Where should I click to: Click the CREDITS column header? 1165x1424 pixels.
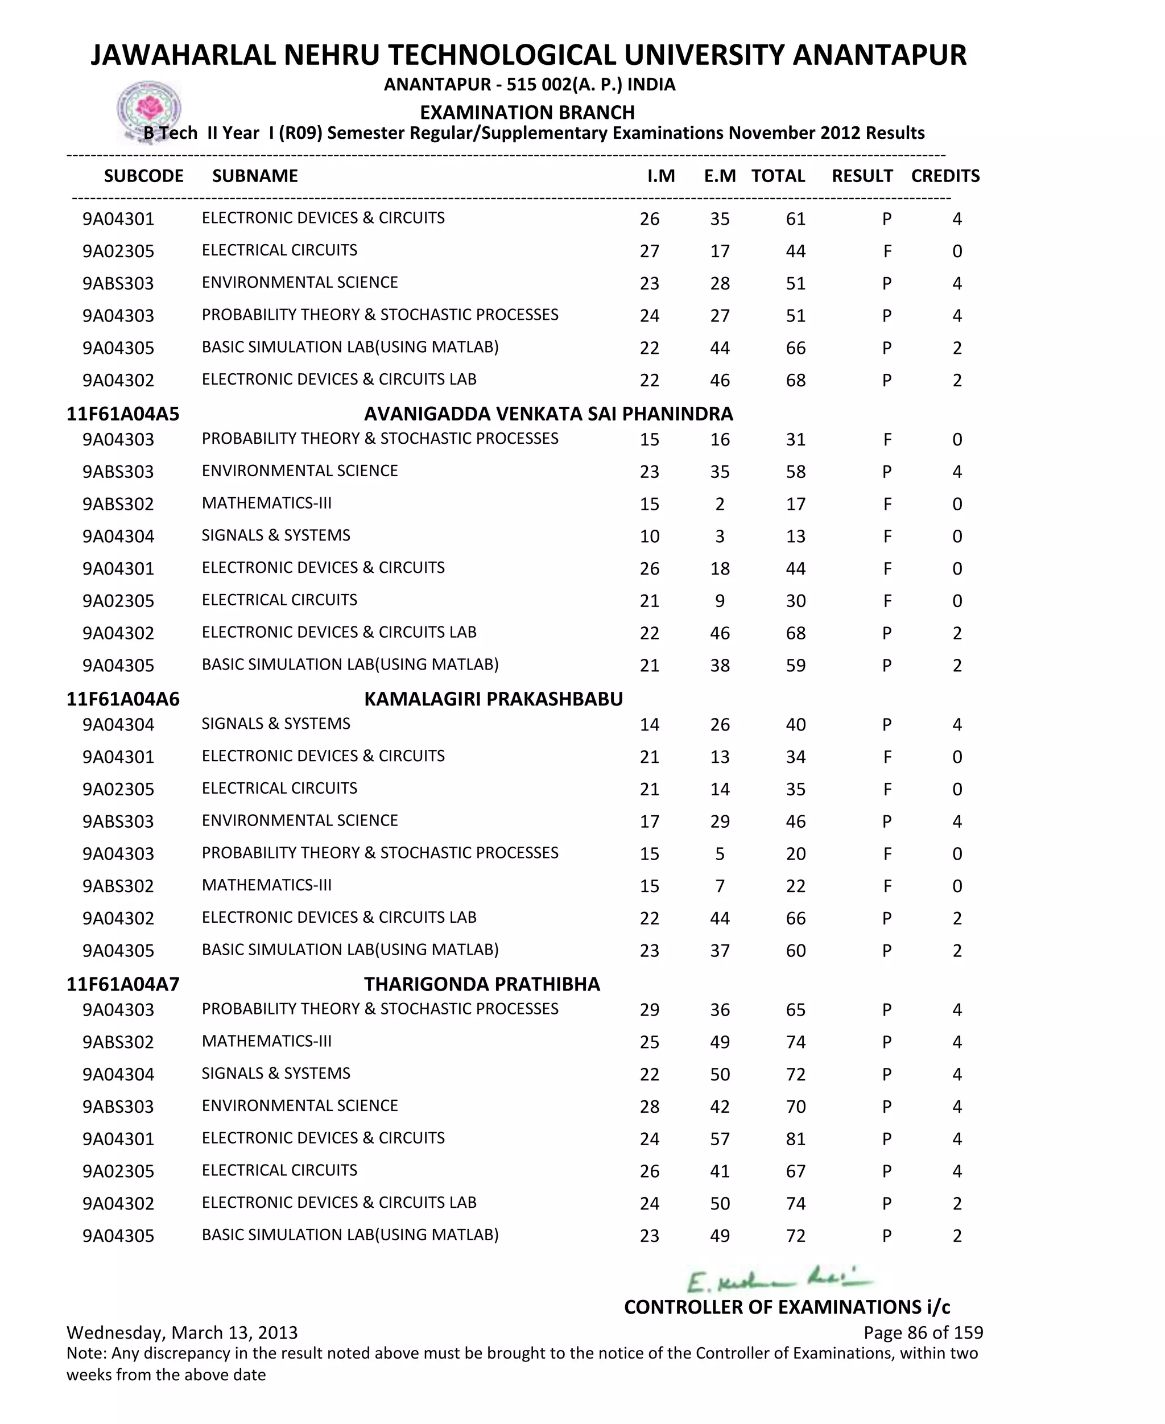[945, 176]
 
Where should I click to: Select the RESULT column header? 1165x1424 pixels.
[862, 176]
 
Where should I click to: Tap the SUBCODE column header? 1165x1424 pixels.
[143, 176]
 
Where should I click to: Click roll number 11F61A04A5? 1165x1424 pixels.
[123, 414]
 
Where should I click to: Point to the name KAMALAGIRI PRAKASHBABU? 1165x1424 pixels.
[493, 699]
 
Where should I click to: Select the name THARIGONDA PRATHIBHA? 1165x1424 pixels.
[482, 984]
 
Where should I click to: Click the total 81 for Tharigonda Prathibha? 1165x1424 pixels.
[795, 1140]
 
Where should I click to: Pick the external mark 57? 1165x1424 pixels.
[720, 1140]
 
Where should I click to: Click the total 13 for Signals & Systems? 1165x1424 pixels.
[795, 537]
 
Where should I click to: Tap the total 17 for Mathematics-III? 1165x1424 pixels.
[795, 505]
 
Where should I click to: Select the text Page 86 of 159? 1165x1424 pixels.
[923, 1333]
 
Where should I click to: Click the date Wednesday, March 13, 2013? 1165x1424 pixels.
[182, 1333]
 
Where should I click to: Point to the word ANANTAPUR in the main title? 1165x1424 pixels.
[879, 55]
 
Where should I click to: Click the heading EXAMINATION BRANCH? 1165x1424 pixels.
[527, 112]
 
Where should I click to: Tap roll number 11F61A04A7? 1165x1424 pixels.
[123, 984]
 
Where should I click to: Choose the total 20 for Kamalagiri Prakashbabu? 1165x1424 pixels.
[795, 855]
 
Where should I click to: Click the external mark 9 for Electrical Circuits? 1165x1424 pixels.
[720, 601]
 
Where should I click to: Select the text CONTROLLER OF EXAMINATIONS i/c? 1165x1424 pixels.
[787, 1307]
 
